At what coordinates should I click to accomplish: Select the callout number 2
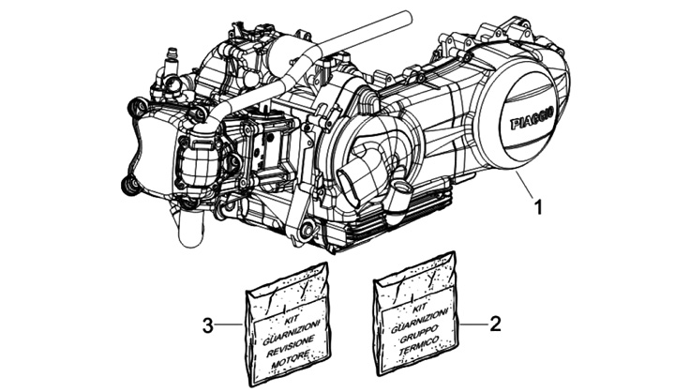pyautogui.click(x=496, y=324)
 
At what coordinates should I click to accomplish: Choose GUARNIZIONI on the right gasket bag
pyautogui.click(x=417, y=316)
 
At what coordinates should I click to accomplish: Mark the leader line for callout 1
pyautogui.click(x=525, y=188)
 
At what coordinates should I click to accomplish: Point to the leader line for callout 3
pyautogui.click(x=231, y=326)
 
